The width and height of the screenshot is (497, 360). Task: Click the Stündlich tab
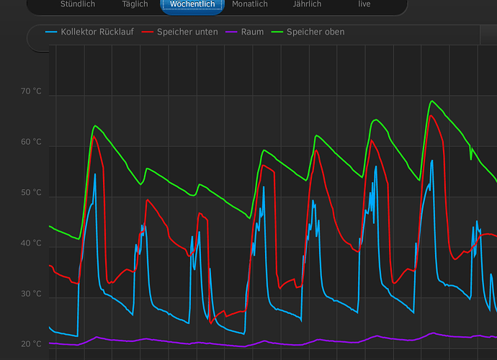(78, 4)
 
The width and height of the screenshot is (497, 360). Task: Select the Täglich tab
(135, 4)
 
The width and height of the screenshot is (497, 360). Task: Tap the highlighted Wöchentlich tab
(192, 4)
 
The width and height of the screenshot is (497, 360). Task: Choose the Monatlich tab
(250, 4)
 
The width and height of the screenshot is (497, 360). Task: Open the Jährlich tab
(308, 4)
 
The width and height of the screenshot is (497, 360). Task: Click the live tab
(364, 4)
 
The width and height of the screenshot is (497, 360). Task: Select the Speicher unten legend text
(187, 32)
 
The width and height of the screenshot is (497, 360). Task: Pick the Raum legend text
(252, 32)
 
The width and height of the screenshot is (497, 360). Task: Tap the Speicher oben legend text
(315, 32)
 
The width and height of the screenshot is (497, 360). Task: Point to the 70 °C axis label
(31, 91)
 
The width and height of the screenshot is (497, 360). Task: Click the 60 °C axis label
(31, 142)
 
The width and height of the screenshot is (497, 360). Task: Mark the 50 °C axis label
(31, 193)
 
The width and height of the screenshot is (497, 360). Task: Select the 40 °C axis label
(31, 243)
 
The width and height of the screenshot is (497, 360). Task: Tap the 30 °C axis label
(31, 294)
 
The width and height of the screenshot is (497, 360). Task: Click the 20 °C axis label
(31, 344)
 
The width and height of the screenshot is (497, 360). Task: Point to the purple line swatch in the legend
(232, 32)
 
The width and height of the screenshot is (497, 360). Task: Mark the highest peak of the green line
(431, 102)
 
